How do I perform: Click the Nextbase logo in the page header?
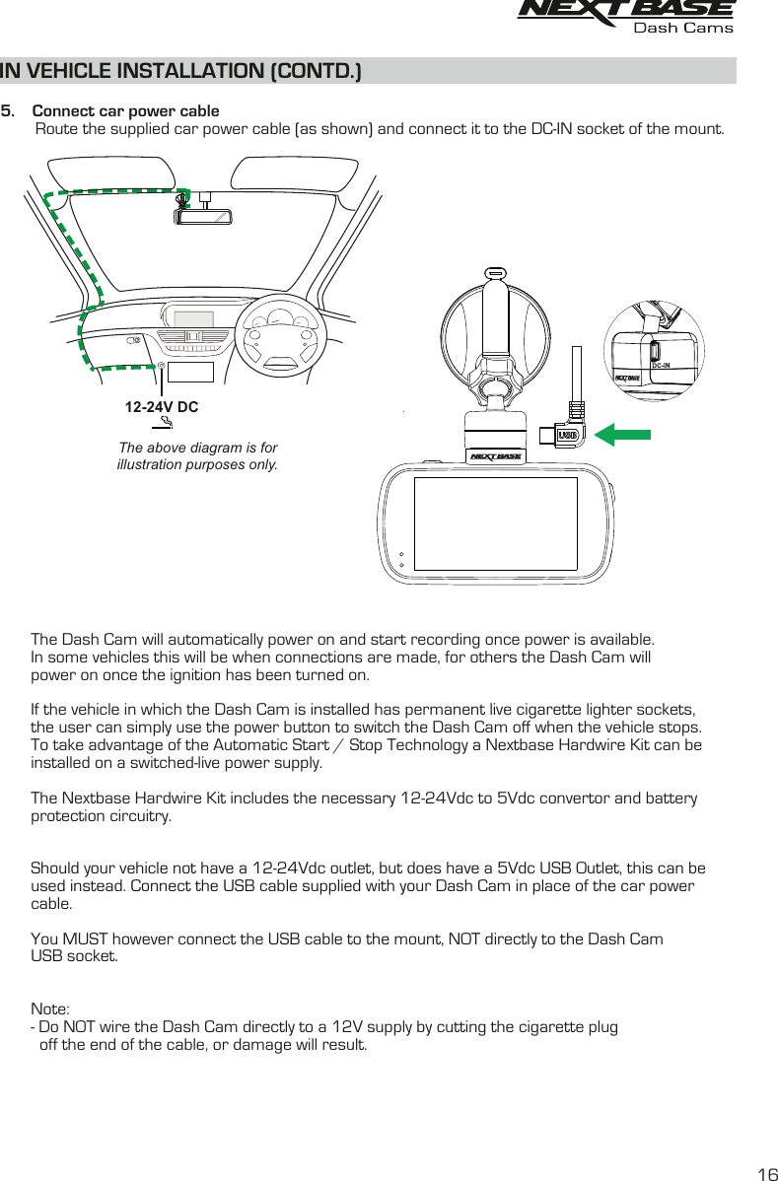coord(626,10)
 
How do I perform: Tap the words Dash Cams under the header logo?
coord(682,29)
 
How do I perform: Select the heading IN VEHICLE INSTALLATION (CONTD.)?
coord(180,71)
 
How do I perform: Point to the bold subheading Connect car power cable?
coord(126,110)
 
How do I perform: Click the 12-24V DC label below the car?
coord(162,406)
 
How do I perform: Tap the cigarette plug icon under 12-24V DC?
coord(165,425)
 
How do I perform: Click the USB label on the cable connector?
coord(568,435)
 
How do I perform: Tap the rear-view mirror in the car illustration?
coord(203,217)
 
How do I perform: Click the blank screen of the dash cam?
coord(495,523)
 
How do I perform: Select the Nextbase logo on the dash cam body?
coord(495,456)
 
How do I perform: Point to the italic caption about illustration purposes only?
coord(197,455)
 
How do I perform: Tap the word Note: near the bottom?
coord(50,1008)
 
